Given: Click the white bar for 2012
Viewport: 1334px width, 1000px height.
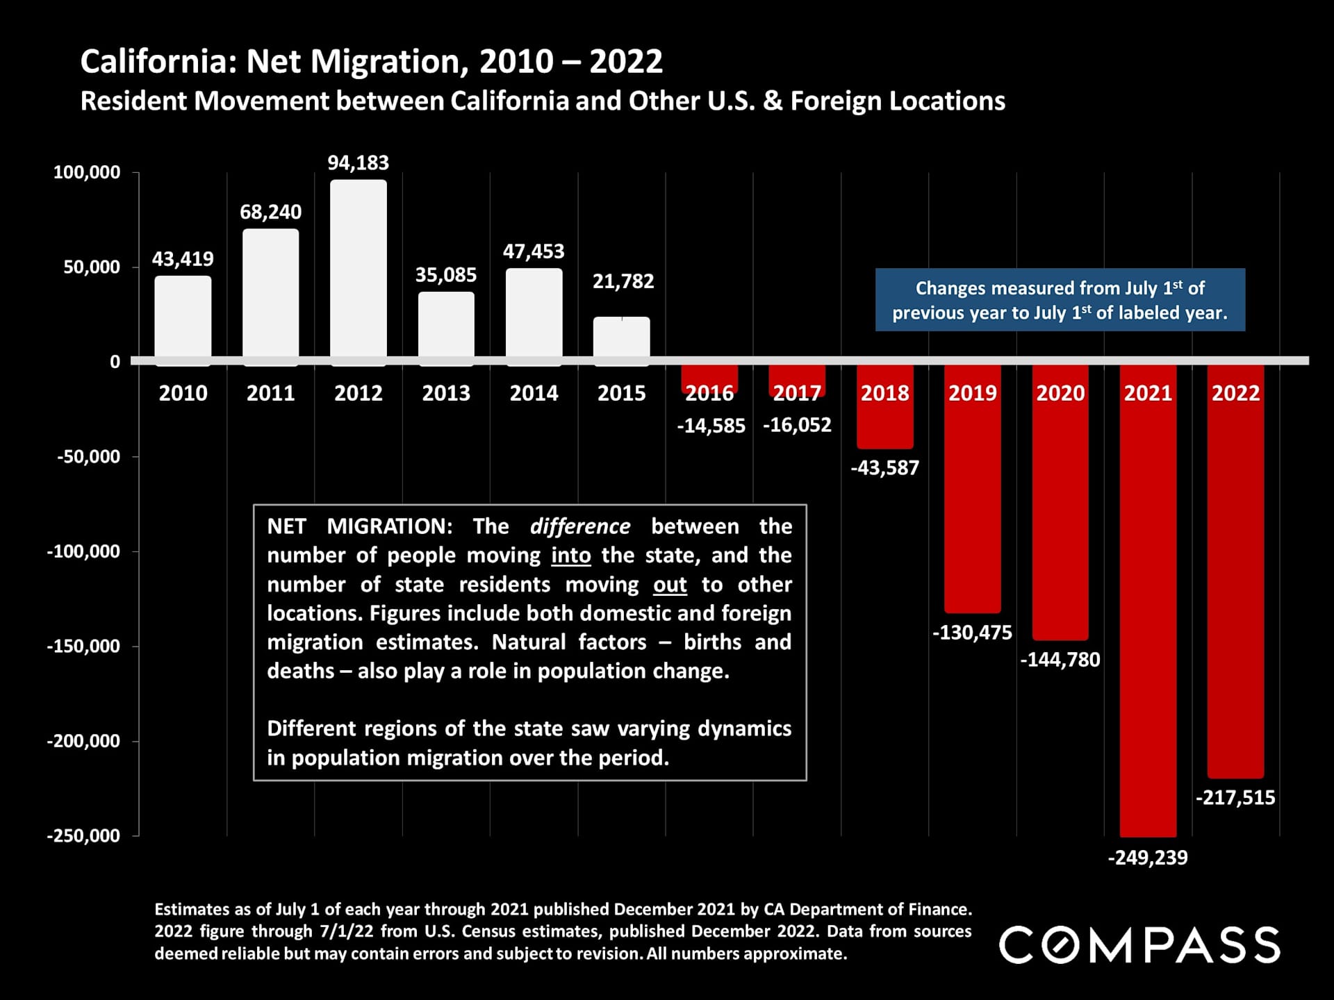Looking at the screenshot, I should pos(359,271).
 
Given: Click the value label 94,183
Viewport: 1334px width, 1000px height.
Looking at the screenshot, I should pos(359,162).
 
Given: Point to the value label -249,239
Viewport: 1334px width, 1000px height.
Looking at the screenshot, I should pos(1148,858).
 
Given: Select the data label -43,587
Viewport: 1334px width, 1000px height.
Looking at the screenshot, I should pos(884,468).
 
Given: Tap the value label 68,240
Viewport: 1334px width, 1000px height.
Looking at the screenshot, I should pos(271,212).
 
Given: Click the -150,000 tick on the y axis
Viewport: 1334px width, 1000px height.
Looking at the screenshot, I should pos(83,646).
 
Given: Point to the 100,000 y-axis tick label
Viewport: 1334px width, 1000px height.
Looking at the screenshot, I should pos(87,172).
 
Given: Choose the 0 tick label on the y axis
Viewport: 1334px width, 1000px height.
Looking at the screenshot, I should pos(115,362).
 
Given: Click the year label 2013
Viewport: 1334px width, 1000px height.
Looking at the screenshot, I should pos(446,393).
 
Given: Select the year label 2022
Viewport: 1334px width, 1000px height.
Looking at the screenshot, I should pos(1235,393).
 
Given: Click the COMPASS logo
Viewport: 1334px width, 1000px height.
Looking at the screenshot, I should pos(1139,944).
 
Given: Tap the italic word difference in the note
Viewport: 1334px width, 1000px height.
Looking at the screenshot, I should pos(580,526).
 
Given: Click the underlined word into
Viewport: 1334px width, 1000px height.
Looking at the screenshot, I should pos(571,556).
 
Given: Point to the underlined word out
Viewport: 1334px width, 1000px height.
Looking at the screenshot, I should pos(670,585).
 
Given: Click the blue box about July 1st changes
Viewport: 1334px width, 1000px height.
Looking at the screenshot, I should pos(1060,300).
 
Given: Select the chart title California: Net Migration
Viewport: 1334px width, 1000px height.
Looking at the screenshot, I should pos(372,61).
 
